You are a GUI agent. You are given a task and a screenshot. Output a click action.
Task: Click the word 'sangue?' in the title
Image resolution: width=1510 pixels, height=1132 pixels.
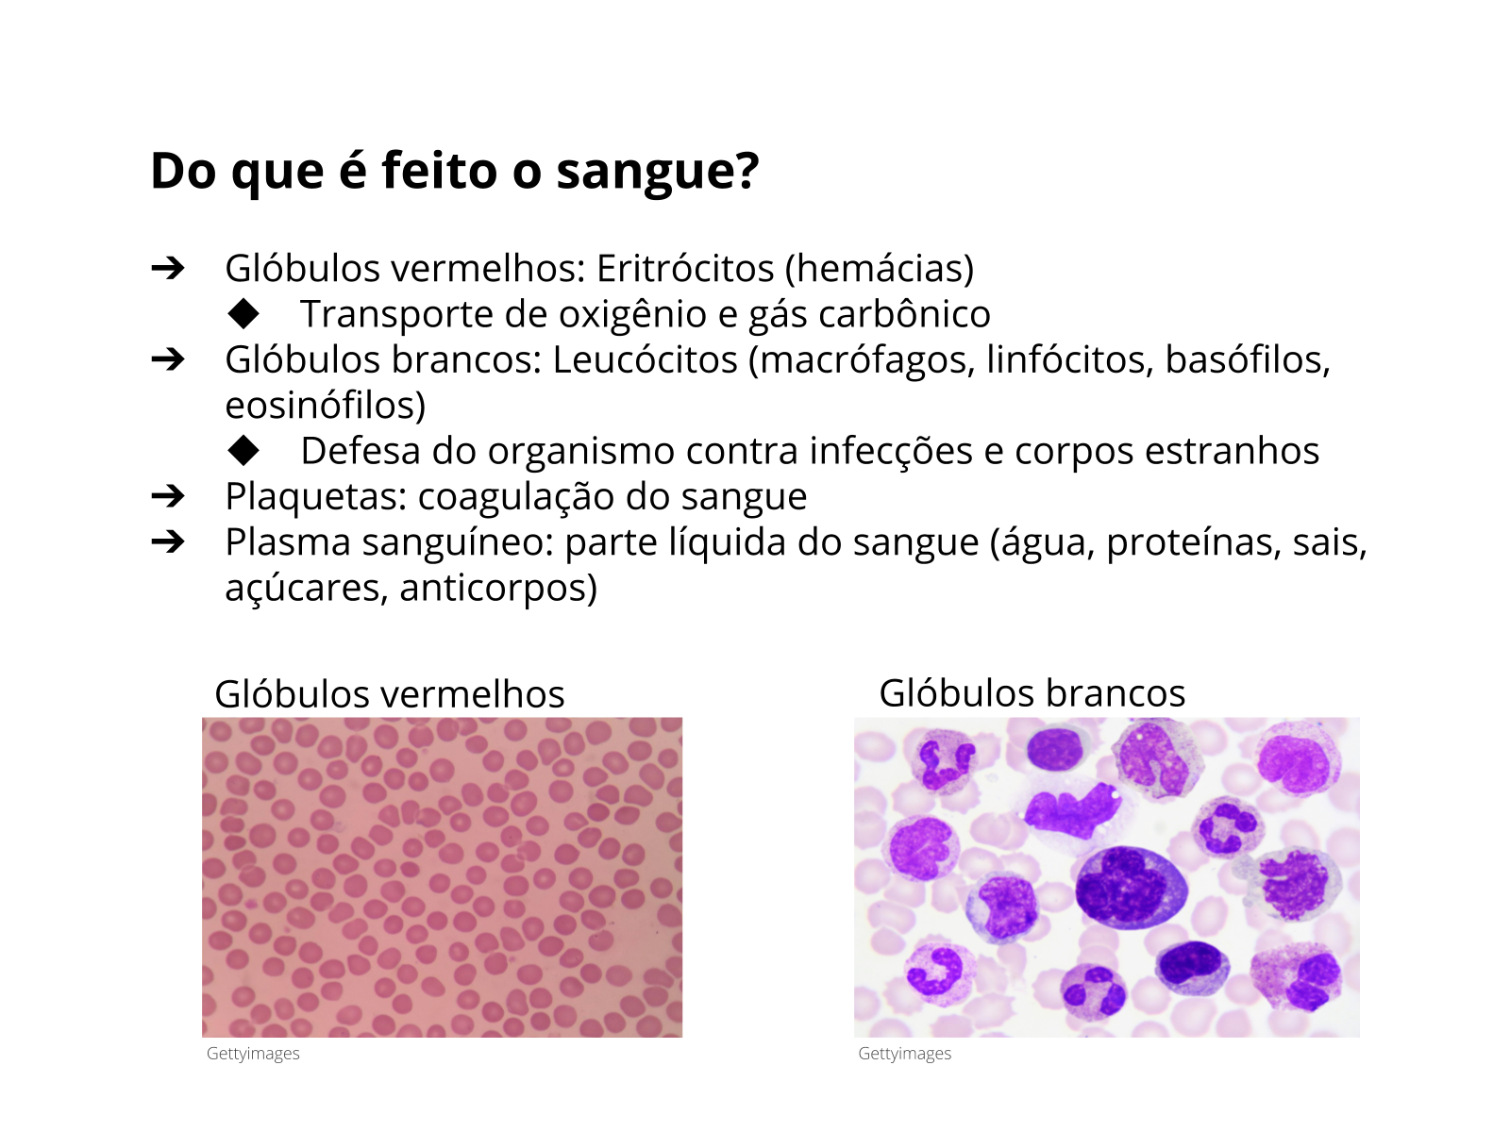tap(658, 171)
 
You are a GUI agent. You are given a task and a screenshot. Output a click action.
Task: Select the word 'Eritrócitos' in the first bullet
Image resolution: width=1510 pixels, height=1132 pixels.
tap(685, 268)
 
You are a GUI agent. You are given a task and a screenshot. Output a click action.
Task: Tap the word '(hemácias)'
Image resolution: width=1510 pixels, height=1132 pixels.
tap(880, 269)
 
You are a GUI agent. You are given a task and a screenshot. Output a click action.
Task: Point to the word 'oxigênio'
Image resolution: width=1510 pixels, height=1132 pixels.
tap(632, 315)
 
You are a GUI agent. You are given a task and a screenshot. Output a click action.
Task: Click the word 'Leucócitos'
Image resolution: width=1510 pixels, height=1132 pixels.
tap(646, 359)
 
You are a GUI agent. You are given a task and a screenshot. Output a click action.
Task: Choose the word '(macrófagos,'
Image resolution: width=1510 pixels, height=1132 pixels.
tap(862, 360)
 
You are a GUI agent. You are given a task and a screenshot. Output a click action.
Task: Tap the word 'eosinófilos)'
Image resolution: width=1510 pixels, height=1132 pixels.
tap(326, 406)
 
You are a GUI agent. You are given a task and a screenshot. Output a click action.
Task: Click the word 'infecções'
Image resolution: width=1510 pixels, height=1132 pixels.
tap(891, 452)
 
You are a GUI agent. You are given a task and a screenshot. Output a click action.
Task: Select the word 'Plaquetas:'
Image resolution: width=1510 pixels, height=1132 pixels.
tap(316, 497)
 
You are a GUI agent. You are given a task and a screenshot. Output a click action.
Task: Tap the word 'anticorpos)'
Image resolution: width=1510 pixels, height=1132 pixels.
tap(498, 589)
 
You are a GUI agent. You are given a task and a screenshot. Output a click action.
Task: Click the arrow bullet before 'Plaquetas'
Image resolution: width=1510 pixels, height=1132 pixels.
tap(168, 496)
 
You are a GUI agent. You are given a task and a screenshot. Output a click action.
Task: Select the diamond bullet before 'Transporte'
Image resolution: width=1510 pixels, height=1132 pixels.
tap(243, 314)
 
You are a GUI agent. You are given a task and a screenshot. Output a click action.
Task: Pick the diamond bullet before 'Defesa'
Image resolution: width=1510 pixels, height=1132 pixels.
tap(243, 451)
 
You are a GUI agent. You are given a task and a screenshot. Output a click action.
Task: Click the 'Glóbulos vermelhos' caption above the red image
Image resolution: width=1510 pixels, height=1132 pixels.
tap(390, 693)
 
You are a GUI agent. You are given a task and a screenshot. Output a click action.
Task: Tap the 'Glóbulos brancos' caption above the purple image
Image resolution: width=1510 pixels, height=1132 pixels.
tap(1032, 692)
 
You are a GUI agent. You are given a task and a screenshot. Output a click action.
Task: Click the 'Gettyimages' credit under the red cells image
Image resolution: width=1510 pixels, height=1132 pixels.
tap(253, 1054)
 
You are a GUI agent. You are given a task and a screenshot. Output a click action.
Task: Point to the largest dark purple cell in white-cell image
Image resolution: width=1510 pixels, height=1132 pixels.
tap(1131, 888)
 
